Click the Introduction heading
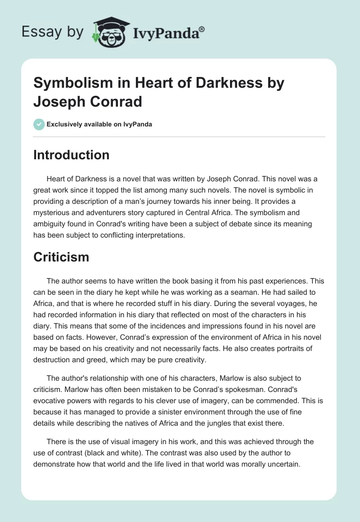(72, 155)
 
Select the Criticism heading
(61, 257)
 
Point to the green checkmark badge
(39, 124)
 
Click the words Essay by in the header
(53, 32)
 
